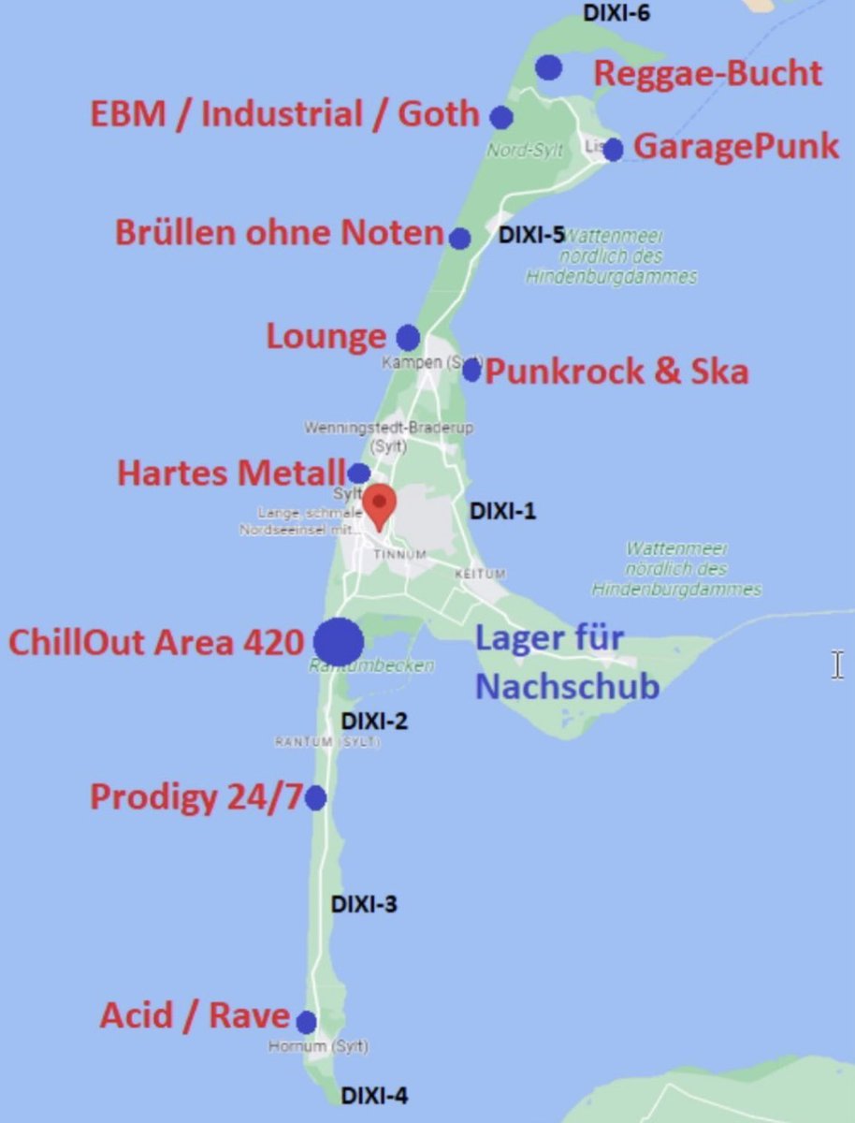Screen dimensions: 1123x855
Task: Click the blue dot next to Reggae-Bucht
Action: [x=549, y=67]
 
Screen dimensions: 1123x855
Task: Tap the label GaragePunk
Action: [x=736, y=147]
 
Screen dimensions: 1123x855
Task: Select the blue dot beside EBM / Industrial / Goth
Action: [x=501, y=117]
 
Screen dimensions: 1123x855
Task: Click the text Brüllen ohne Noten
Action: [x=279, y=232]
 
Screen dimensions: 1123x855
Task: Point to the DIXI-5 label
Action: [x=531, y=234]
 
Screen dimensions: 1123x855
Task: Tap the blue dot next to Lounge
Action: [x=408, y=338]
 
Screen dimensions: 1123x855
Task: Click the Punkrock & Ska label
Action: [x=617, y=371]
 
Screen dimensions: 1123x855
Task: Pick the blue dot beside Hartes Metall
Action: [x=359, y=473]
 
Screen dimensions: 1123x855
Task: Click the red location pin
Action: [x=379, y=505]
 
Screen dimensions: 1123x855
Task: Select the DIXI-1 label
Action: [x=502, y=511]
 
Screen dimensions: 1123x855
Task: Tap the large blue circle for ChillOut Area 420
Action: [x=339, y=642]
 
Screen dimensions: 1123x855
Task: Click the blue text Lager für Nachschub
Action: [x=567, y=663]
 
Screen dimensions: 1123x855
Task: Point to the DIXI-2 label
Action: [x=374, y=722]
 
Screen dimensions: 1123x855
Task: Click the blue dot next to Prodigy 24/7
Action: [x=315, y=798]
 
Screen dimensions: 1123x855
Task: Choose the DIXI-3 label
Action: [x=364, y=905]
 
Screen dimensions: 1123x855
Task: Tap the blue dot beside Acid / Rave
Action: [x=306, y=1022]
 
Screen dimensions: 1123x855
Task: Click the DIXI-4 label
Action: [x=373, y=1096]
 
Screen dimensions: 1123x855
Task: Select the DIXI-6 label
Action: [x=616, y=13]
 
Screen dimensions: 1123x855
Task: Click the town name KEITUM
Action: [x=480, y=573]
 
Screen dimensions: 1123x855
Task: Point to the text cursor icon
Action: [x=837, y=665]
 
